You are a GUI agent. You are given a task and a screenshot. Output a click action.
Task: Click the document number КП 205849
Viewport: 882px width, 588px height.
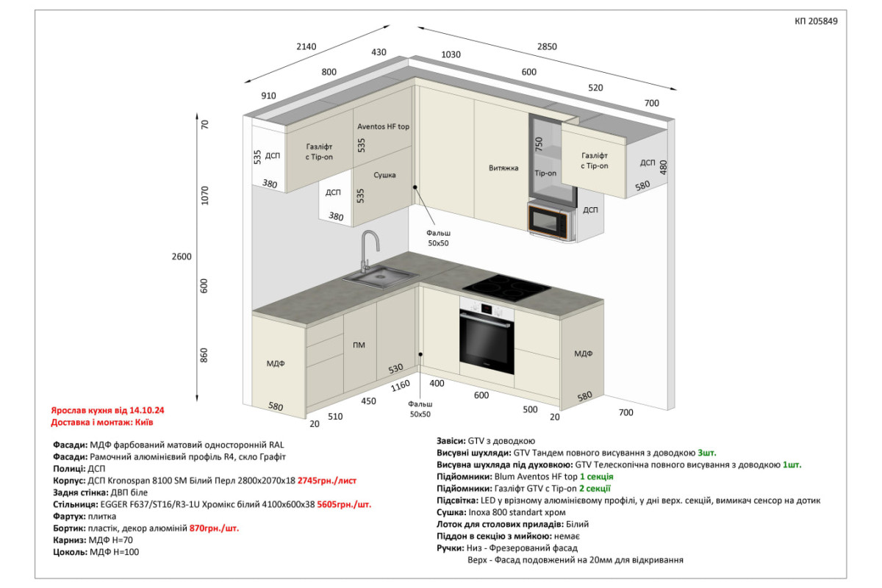click(x=816, y=21)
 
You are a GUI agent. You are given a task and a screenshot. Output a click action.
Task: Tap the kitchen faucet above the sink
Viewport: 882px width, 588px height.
click(x=369, y=251)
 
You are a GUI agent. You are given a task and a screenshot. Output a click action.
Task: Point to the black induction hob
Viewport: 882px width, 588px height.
click(x=506, y=288)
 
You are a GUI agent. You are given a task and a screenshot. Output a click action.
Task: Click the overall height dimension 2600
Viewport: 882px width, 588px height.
click(x=182, y=257)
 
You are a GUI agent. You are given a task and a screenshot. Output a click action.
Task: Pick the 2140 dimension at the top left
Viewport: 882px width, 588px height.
click(x=306, y=46)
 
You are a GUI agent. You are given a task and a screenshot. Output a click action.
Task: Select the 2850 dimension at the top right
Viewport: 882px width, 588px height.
click(x=547, y=46)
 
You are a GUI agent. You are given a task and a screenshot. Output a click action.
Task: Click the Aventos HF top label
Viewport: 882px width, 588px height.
click(x=383, y=126)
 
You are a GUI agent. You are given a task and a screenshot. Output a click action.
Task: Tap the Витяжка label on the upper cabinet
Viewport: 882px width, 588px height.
click(x=503, y=168)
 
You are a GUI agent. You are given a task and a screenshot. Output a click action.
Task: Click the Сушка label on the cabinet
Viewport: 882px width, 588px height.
click(x=384, y=175)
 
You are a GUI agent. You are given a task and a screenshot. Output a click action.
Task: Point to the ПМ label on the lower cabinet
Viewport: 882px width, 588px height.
click(x=359, y=345)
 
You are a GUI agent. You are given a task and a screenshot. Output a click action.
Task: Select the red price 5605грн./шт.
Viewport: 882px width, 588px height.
click(x=344, y=504)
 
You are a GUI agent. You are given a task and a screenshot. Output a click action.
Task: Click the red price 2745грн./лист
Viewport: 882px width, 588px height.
click(x=327, y=481)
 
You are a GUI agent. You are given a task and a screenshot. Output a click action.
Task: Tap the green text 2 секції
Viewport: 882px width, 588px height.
click(x=595, y=489)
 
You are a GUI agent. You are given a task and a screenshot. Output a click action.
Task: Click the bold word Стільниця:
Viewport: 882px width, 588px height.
click(x=75, y=504)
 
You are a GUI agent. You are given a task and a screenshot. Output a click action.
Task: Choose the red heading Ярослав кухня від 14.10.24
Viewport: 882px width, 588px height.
click(x=107, y=410)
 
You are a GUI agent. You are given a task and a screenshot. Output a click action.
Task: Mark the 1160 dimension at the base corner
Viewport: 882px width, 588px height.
click(x=400, y=386)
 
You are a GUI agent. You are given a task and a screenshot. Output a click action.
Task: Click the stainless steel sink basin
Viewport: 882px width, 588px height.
click(x=381, y=276)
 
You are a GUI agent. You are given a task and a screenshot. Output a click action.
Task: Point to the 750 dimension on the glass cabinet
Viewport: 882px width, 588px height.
click(x=539, y=144)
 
